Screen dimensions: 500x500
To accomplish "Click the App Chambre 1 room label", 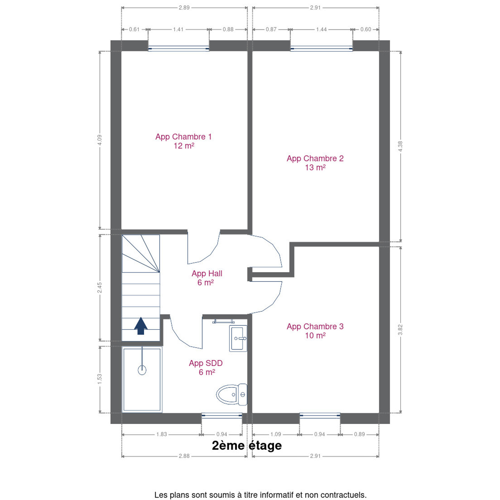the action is pyautogui.click(x=183, y=141).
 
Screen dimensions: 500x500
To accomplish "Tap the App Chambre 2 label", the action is pyautogui.click(x=315, y=163).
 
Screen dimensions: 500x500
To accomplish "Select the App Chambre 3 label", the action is pyautogui.click(x=315, y=331).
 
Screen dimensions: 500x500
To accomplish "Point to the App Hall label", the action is pyautogui.click(x=207, y=278).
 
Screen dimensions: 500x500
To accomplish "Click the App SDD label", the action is pyautogui.click(x=206, y=367).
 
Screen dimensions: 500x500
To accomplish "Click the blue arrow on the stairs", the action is pyautogui.click(x=141, y=326).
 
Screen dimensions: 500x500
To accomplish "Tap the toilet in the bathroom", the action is pyautogui.click(x=232, y=394).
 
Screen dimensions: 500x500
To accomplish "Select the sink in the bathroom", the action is pyautogui.click(x=238, y=338).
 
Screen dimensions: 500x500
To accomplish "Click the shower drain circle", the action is pyautogui.click(x=142, y=370).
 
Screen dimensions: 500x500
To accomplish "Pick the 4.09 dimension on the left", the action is pyautogui.click(x=100, y=140).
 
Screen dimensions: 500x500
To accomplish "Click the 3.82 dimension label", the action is pyautogui.click(x=400, y=330).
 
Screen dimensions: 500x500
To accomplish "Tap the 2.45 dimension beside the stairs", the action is pyautogui.click(x=100, y=288).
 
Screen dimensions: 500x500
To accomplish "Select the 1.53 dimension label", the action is pyautogui.click(x=100, y=379).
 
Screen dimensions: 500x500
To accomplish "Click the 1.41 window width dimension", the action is pyautogui.click(x=178, y=29).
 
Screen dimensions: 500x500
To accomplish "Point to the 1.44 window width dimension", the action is pyautogui.click(x=321, y=29).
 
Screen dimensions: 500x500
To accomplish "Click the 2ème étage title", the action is pyautogui.click(x=247, y=445).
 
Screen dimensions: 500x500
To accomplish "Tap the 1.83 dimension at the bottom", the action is pyautogui.click(x=161, y=434).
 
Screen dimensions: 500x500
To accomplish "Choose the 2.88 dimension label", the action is pyautogui.click(x=184, y=456).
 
